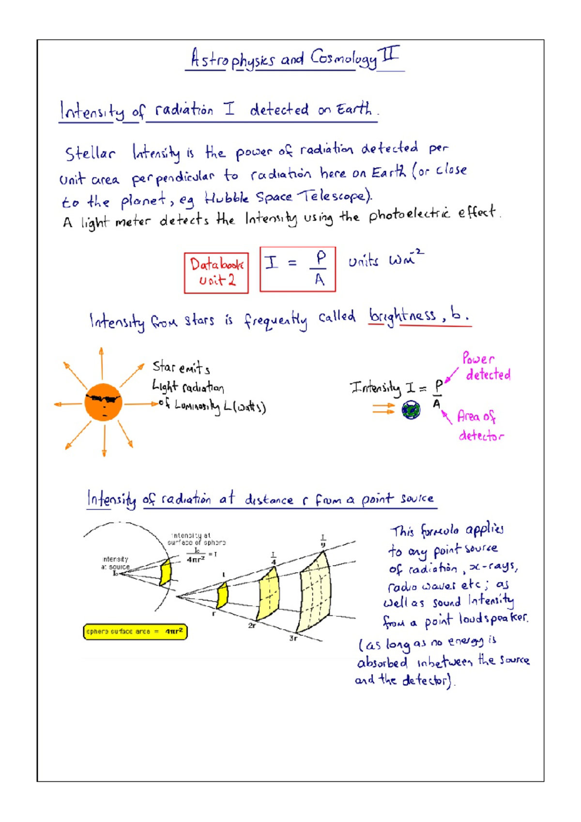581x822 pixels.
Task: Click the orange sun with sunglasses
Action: (103, 402)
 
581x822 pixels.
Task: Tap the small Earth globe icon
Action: (411, 411)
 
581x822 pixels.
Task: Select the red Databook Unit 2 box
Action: (216, 273)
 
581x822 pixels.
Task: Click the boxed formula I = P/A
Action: (297, 269)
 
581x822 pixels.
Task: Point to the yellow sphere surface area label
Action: (135, 632)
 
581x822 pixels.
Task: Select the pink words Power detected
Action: (484, 367)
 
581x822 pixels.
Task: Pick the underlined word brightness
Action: (402, 316)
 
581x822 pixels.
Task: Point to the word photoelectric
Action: (409, 214)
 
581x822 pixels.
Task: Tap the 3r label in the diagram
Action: (293, 638)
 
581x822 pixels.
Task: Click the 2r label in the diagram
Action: (252, 625)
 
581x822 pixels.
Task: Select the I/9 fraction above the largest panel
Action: (323, 541)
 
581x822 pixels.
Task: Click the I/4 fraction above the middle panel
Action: (274, 558)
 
